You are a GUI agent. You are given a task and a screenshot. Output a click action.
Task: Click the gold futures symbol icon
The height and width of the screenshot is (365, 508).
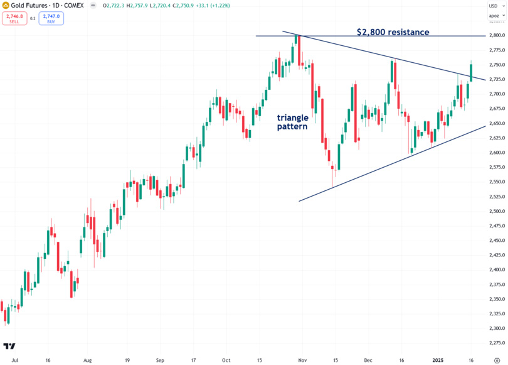6,5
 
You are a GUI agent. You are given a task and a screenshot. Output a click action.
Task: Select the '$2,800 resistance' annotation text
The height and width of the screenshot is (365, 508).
393,31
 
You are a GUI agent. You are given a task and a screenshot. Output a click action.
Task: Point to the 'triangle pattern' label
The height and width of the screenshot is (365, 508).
293,122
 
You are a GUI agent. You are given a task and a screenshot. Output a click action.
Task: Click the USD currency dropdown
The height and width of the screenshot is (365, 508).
494,6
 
